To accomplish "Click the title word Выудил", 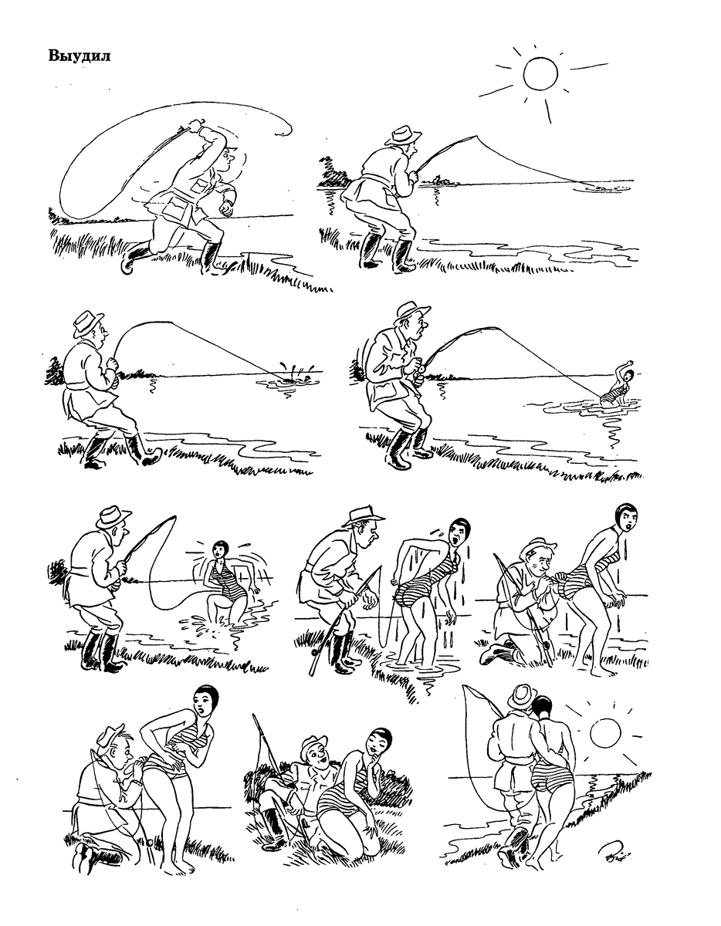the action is pyautogui.click(x=80, y=56).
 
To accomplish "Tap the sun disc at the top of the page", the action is pyautogui.click(x=540, y=73).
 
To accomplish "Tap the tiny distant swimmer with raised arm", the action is pyautogui.click(x=620, y=384).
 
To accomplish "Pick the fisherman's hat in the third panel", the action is pyautogui.click(x=87, y=323).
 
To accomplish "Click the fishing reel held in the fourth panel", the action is pyautogui.click(x=420, y=367).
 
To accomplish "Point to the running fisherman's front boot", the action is pyautogui.click(x=212, y=257).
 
